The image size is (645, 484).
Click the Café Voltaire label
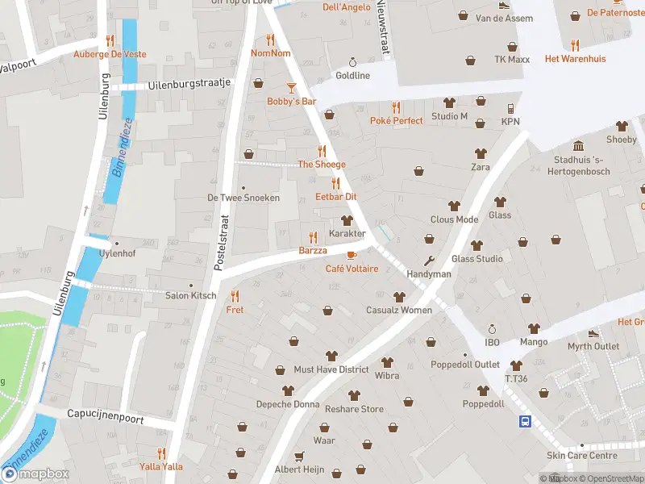point(352,269)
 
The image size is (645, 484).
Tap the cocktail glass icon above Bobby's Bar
point(291,87)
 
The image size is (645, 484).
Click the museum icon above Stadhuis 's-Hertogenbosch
point(579,145)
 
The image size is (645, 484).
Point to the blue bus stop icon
point(525,420)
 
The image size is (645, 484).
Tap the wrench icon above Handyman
point(429,261)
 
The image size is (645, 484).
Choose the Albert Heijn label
point(299,469)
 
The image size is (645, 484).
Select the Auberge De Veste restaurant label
point(110,54)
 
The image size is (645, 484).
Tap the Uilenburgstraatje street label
point(189,84)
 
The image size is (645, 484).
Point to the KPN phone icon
point(510,108)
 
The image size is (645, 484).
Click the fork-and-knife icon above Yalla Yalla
point(161,453)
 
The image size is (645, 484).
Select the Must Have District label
point(331,369)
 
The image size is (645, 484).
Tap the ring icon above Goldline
point(352,62)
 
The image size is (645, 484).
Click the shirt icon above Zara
point(481,153)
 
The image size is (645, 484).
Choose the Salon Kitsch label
point(190,295)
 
